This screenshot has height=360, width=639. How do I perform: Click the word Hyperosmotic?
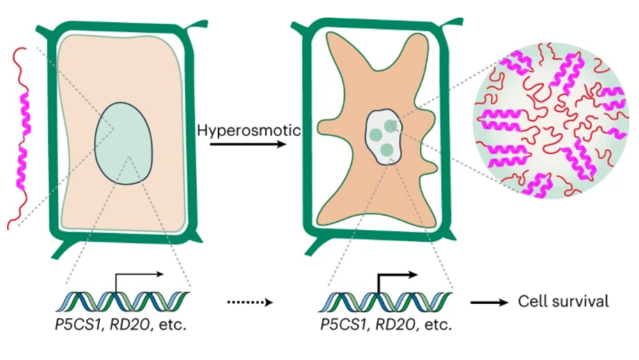(x=248, y=130)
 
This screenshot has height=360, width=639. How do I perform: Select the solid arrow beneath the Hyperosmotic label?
(x=248, y=143)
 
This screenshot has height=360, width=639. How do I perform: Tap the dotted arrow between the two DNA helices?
(x=248, y=302)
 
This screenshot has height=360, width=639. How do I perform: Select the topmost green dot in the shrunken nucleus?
(x=390, y=124)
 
